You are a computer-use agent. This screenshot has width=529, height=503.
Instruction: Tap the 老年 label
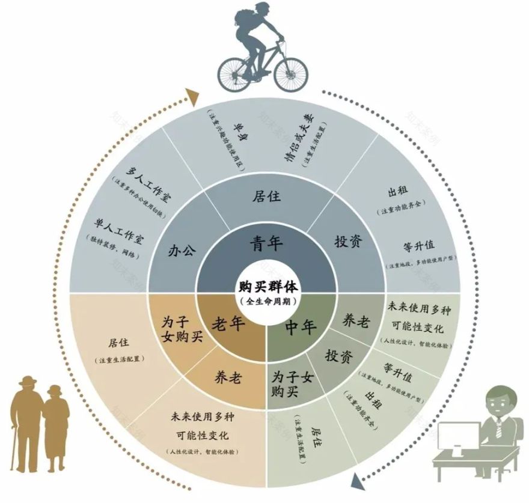tap(227, 325)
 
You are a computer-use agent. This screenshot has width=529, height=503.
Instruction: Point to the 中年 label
tap(301, 327)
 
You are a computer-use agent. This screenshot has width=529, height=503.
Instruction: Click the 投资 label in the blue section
tap(348, 242)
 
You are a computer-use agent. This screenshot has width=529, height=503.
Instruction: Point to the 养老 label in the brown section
tap(228, 378)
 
